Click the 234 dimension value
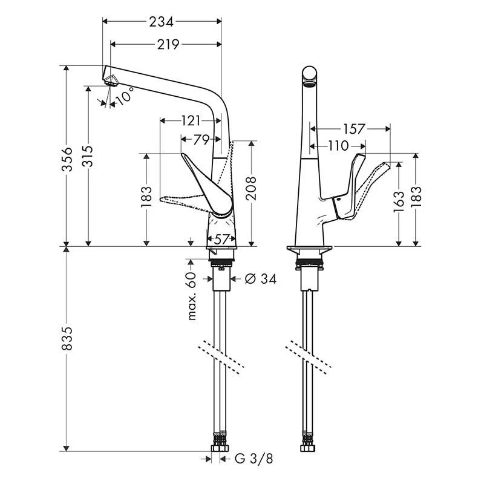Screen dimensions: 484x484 point(161,22)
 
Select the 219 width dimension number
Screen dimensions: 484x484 point(168,45)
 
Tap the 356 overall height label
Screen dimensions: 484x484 point(67,159)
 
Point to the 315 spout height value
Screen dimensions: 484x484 point(88,156)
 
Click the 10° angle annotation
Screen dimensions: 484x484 point(125,96)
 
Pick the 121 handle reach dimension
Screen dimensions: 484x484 point(191,120)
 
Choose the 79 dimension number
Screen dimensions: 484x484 point(201,140)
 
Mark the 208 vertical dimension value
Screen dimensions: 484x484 point(252,189)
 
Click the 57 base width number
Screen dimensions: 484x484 point(221,239)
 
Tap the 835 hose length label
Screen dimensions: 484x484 point(67,339)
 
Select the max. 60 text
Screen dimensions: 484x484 point(192,296)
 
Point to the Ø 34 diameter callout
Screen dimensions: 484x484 point(261,279)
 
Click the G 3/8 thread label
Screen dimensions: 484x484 point(254,459)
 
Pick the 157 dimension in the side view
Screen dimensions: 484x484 point(353,129)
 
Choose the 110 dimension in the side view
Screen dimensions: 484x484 point(338,146)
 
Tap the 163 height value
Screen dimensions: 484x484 point(399,202)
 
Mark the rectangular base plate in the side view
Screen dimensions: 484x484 point(310,248)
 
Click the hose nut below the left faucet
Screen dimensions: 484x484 point(220,448)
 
